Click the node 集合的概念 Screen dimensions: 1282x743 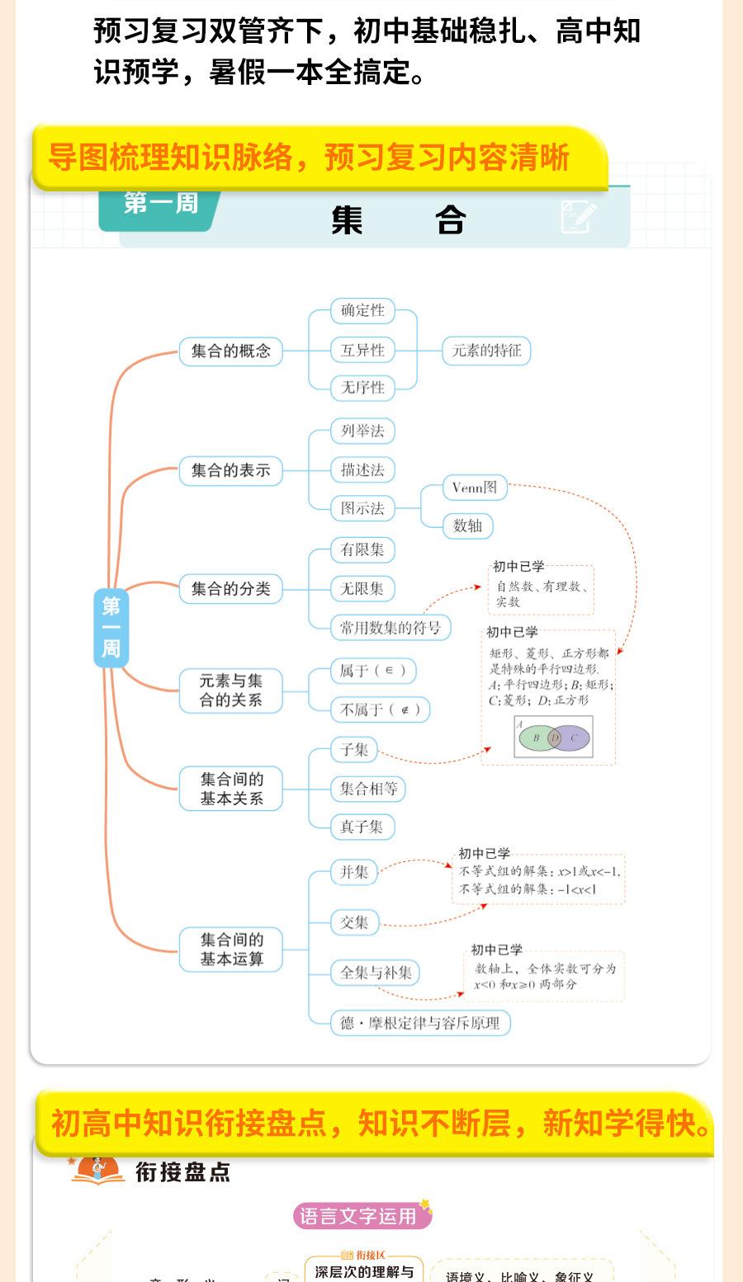pyautogui.click(x=231, y=351)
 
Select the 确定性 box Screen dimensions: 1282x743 pyautogui.click(x=362, y=311)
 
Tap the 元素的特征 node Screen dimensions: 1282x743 pyautogui.click(x=486, y=351)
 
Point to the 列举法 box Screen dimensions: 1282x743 pyautogui.click(x=362, y=431)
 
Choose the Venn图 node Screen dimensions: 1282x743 pyautogui.click(x=474, y=488)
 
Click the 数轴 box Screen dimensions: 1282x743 pyautogui.click(x=467, y=526)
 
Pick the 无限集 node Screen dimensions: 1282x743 pyautogui.click(x=362, y=589)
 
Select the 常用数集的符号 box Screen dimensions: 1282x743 pyautogui.click(x=390, y=628)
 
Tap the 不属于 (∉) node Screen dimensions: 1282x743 pyautogui.click(x=380, y=709)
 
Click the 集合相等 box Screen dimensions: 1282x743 pyautogui.click(x=368, y=789)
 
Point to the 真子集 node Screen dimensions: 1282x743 pyautogui.click(x=362, y=827)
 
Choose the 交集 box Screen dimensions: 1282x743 pyautogui.click(x=354, y=922)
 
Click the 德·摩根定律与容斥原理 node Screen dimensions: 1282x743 pyautogui.click(x=420, y=1023)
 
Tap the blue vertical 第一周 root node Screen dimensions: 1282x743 pyautogui.click(x=111, y=628)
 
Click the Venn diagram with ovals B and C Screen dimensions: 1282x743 pyautogui.click(x=553, y=738)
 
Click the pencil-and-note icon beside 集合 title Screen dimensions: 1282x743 pyautogui.click(x=578, y=217)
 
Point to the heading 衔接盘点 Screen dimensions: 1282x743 pyautogui.click(x=182, y=1172)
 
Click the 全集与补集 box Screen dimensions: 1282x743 pyautogui.click(x=376, y=973)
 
